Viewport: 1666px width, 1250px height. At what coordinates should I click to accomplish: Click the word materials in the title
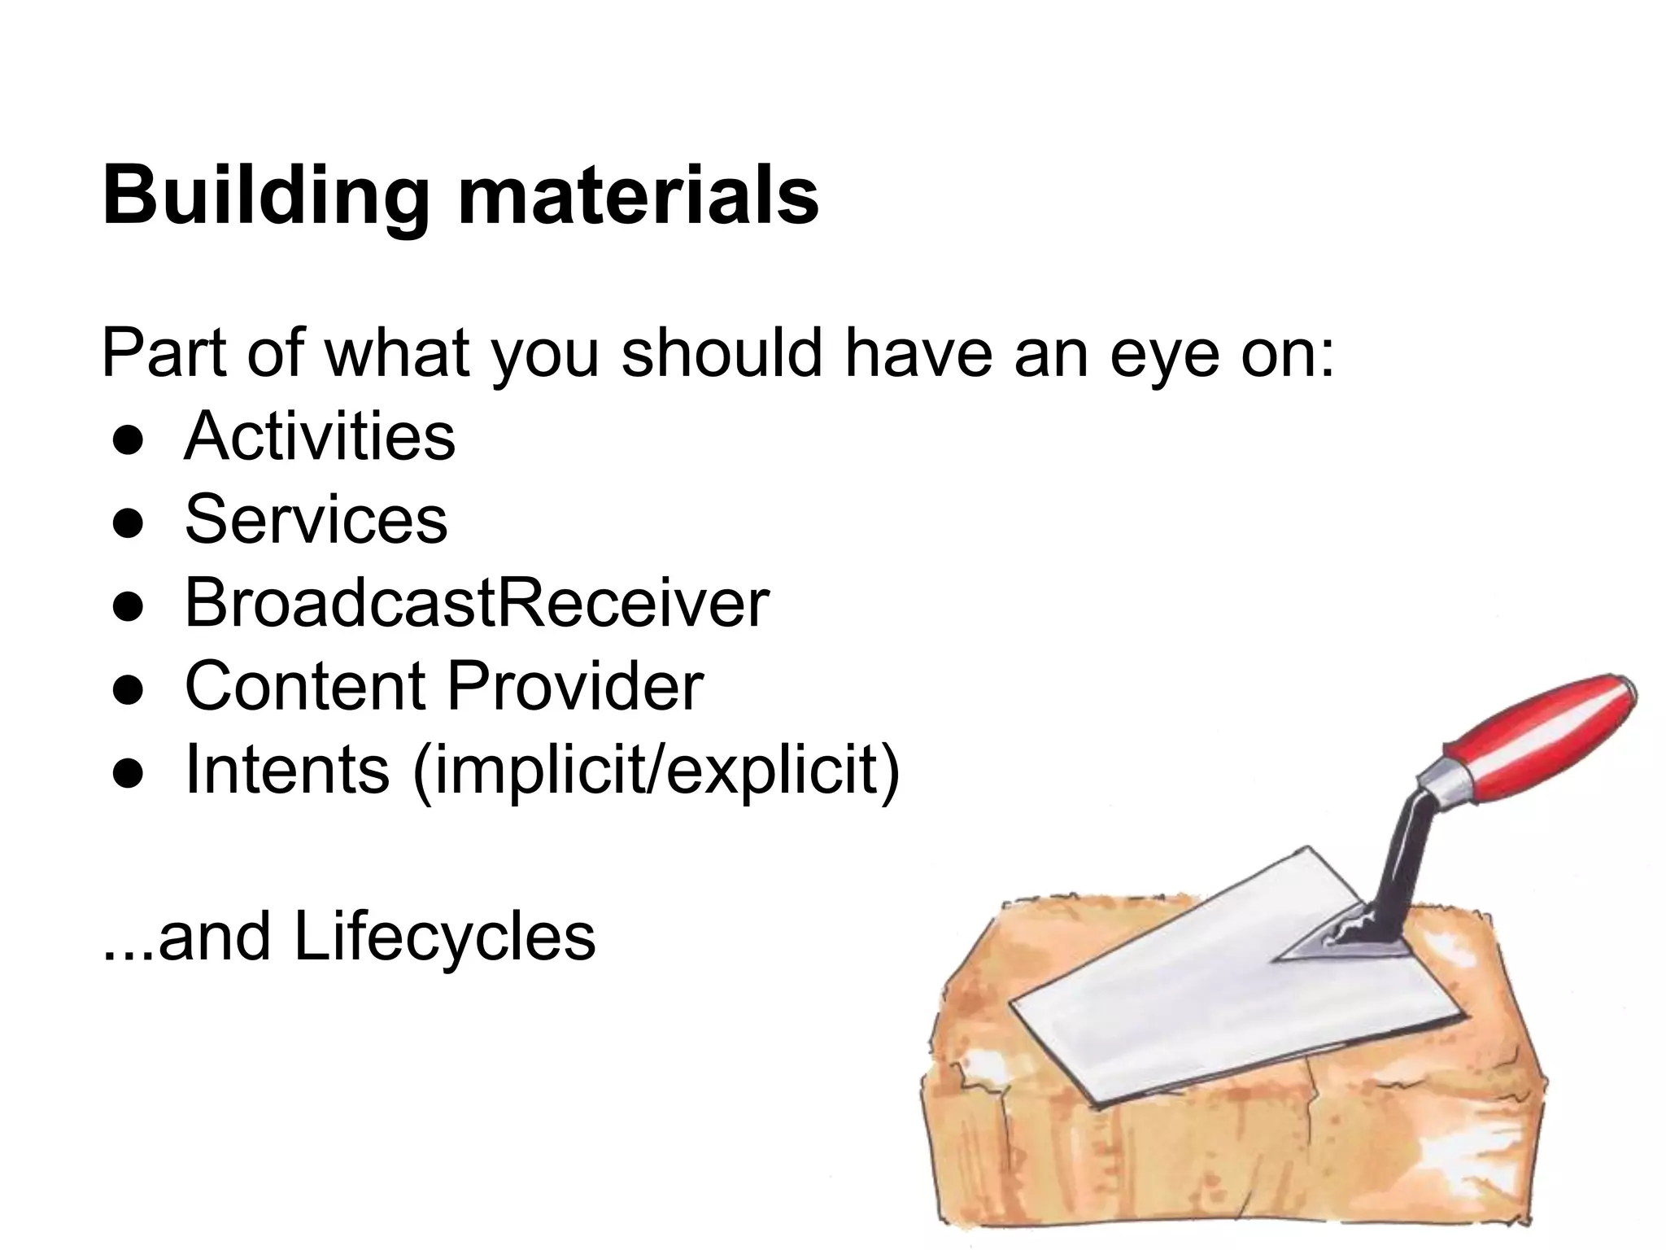coord(638,196)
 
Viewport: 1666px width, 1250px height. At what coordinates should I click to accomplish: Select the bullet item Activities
coord(320,436)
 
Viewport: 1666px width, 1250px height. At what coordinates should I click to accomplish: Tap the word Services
coord(316,519)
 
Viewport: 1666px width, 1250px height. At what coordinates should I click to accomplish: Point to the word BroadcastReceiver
coord(477,603)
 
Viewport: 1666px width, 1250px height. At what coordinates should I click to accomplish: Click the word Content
coord(305,686)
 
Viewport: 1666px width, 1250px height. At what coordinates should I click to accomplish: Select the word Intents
coord(287,770)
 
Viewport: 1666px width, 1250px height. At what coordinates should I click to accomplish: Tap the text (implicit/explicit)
coord(656,771)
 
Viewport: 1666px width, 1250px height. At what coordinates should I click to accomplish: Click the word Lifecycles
coord(444,937)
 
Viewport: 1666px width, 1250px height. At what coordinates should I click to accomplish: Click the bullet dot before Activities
coord(129,440)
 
